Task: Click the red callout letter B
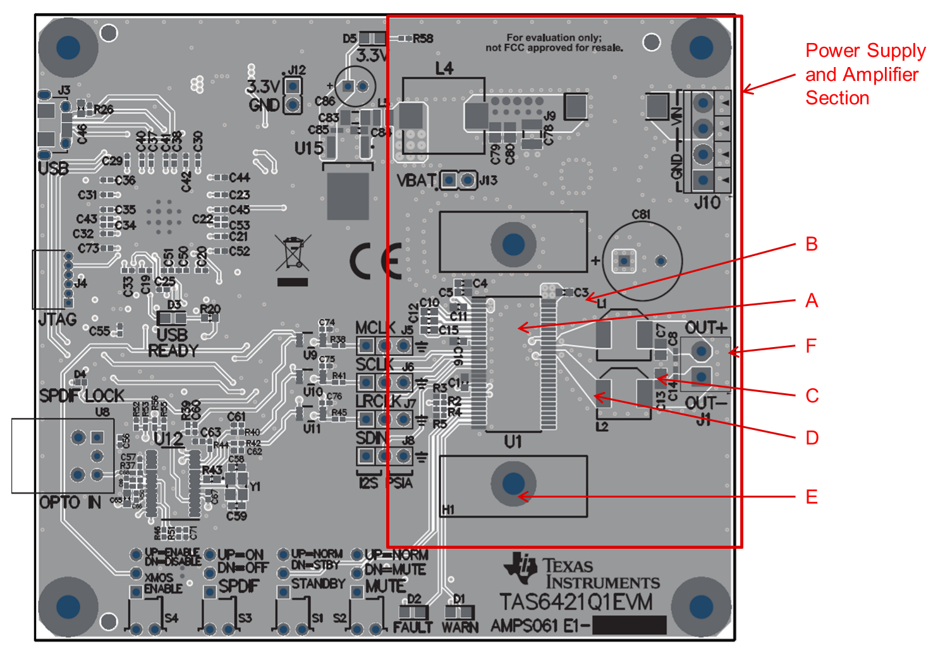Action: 812,244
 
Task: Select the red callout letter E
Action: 812,497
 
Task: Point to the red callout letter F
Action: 812,346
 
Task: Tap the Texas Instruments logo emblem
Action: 520,566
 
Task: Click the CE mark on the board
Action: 375,260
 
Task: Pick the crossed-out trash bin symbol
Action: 293,254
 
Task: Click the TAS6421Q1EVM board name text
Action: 576,602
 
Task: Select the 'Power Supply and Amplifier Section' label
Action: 865,74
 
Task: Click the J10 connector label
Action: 707,203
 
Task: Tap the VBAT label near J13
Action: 416,181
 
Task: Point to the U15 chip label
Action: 309,149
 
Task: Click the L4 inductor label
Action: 444,68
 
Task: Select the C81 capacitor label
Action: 641,215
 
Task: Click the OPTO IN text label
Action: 70,503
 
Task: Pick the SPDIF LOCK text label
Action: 82,396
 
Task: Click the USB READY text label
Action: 173,343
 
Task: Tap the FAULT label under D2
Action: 412,627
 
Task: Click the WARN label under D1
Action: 460,627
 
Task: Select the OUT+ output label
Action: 706,327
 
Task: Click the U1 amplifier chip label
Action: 513,441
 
